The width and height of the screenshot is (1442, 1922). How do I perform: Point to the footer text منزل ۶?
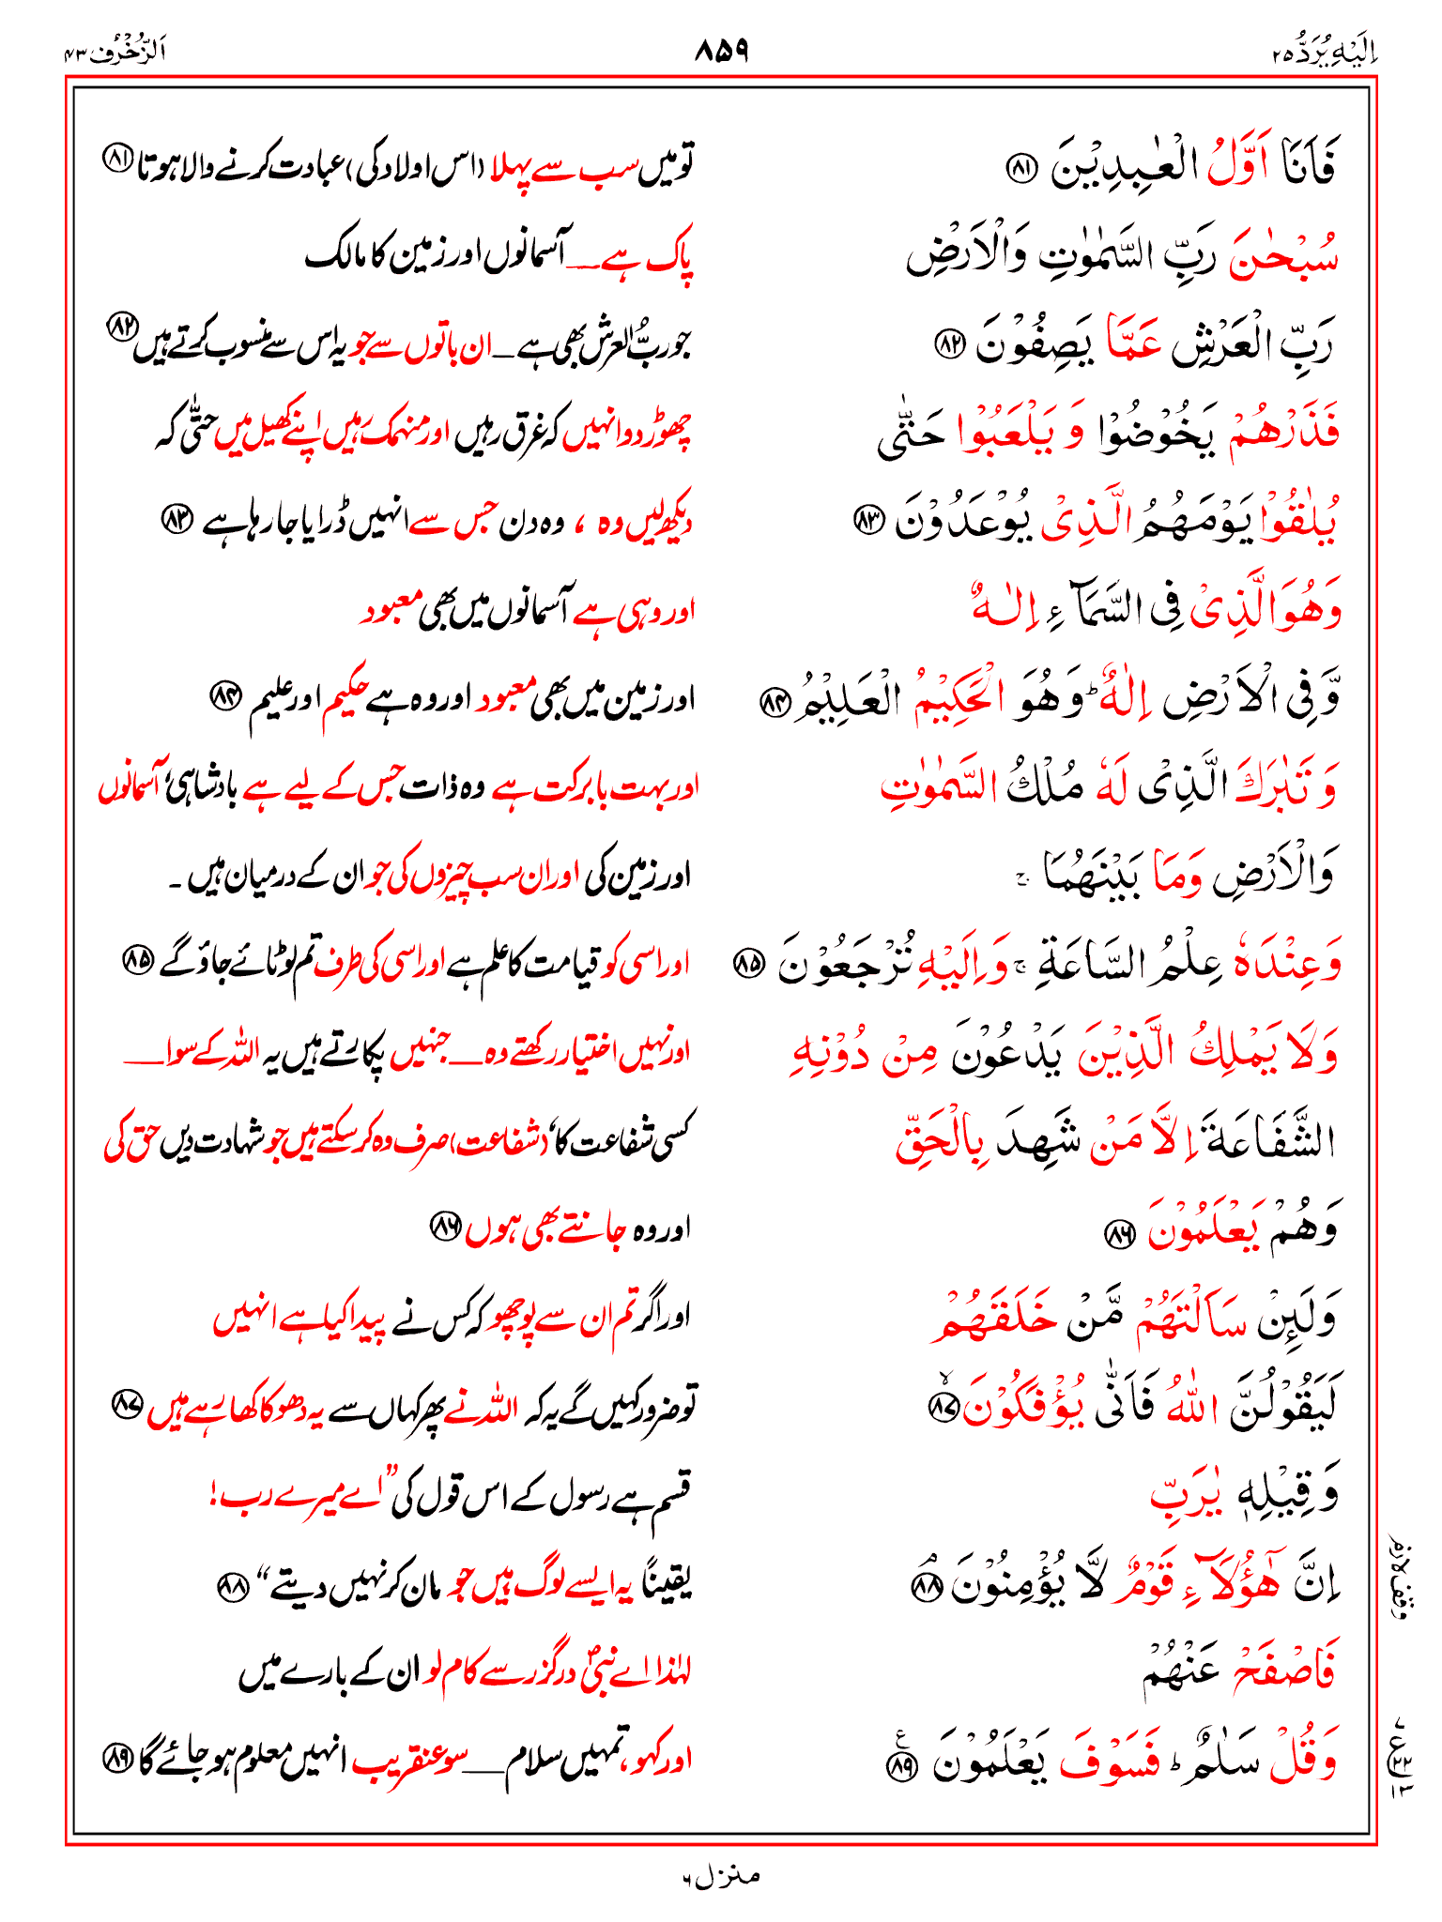(720, 1876)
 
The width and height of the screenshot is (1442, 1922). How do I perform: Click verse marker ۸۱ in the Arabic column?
(1021, 169)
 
